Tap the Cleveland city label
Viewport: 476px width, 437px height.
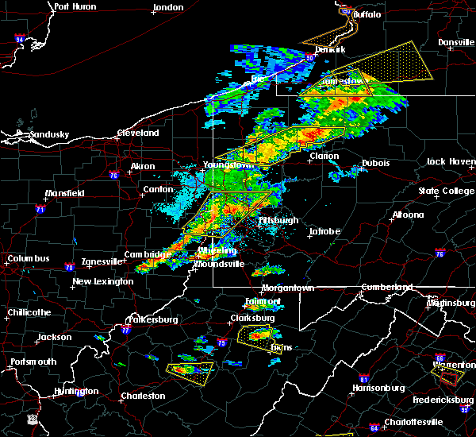point(139,133)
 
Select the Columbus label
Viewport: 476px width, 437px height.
point(29,258)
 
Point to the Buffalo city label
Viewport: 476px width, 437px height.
point(367,14)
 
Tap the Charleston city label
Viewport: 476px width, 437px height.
point(143,396)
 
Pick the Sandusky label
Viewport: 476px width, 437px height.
point(50,134)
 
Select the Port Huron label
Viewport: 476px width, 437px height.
point(75,6)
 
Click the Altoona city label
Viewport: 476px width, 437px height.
point(407,215)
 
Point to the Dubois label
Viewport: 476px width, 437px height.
point(375,163)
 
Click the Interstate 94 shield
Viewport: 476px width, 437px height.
point(20,39)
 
